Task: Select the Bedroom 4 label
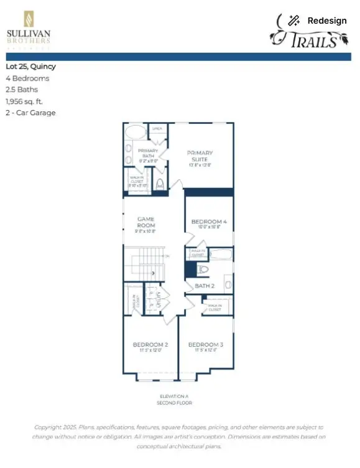point(208,222)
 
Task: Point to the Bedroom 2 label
point(150,345)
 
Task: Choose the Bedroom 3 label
point(206,345)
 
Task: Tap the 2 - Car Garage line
point(30,113)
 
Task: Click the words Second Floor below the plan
point(173,403)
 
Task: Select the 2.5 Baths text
point(21,90)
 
